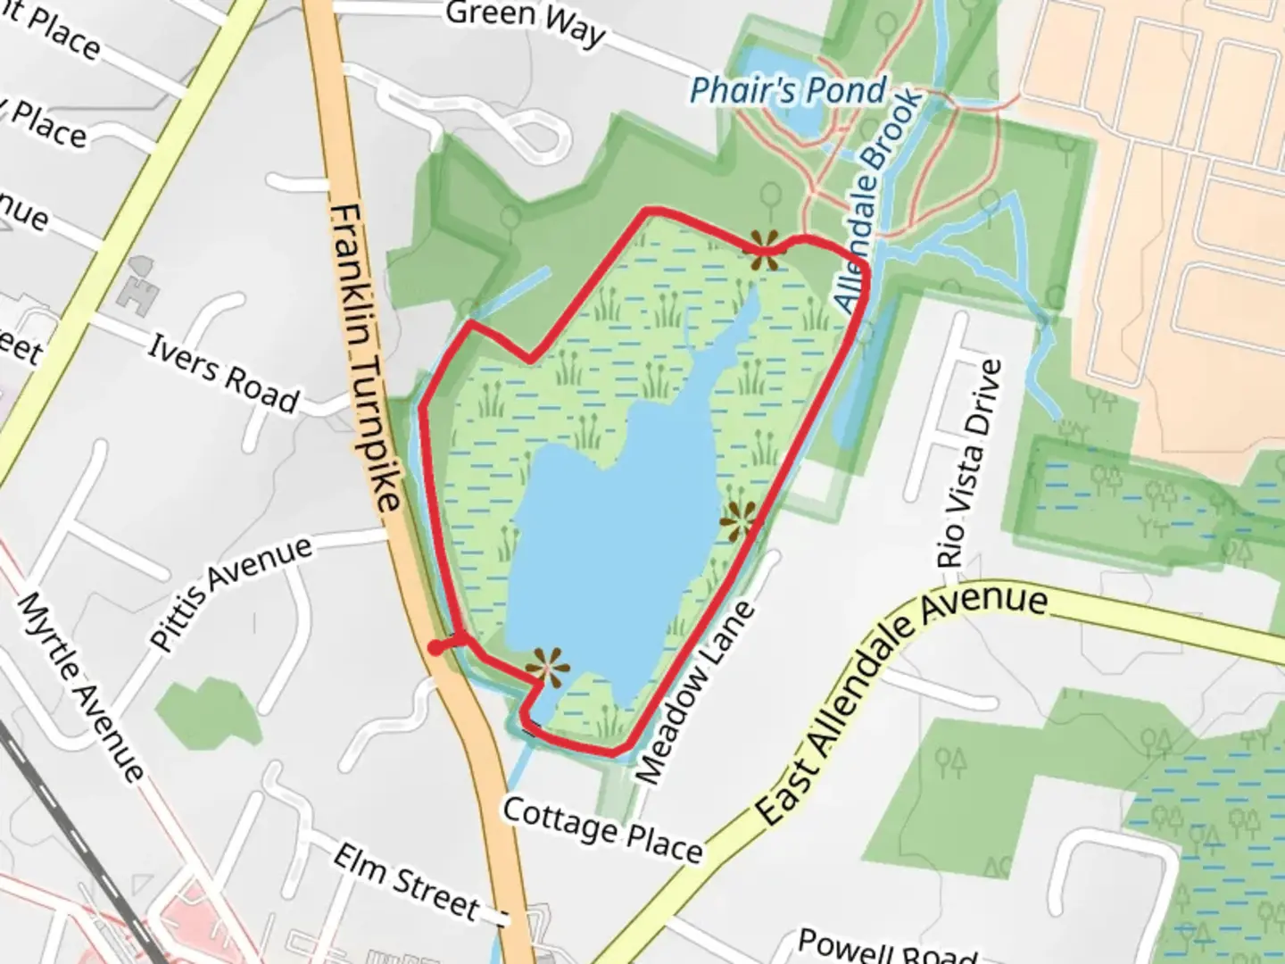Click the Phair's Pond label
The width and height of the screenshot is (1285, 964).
pos(789,90)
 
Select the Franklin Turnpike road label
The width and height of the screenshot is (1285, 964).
pos(365,357)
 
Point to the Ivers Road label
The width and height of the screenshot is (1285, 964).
pos(223,373)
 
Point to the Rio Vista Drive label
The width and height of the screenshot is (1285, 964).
pos(970,464)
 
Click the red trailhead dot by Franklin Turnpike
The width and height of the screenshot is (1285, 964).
pos(435,648)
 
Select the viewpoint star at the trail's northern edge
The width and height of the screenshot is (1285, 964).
pos(765,250)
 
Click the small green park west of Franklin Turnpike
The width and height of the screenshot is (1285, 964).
pos(208,711)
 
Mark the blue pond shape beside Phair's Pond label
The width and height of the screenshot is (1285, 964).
pos(803,120)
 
